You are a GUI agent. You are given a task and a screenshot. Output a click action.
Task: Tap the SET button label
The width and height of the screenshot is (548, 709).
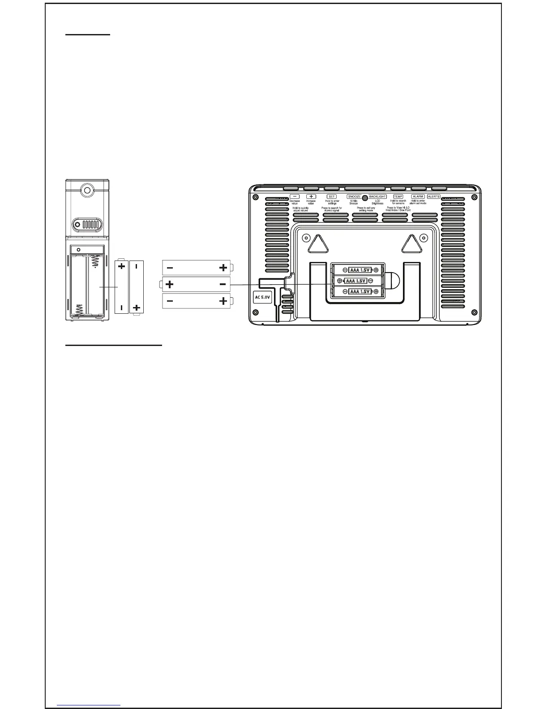[332, 196]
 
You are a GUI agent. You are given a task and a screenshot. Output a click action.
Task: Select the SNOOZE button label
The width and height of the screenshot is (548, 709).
[354, 196]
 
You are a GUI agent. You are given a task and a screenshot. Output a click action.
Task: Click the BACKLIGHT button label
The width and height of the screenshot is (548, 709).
[377, 196]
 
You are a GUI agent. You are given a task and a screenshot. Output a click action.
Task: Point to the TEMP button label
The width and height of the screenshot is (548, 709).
[398, 196]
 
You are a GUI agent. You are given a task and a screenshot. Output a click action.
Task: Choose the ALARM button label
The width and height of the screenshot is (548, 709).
[418, 196]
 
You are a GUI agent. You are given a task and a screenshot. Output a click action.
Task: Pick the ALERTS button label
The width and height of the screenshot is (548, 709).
[433, 196]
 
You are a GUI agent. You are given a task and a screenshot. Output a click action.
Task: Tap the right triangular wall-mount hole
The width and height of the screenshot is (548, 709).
[409, 244]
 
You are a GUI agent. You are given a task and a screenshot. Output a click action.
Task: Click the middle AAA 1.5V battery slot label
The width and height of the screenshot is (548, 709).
[357, 281]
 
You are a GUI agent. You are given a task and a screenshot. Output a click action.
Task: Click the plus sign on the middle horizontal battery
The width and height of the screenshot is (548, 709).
[169, 284]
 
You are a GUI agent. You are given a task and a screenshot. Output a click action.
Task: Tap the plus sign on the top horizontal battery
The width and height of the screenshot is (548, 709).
[223, 268]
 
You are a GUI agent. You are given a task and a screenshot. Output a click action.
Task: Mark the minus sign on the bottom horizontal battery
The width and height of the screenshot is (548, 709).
[170, 301]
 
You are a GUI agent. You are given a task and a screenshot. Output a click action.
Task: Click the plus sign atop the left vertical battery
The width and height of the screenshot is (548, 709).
[121, 266]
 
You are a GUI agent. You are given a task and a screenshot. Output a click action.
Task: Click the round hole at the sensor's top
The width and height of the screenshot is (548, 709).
[86, 190]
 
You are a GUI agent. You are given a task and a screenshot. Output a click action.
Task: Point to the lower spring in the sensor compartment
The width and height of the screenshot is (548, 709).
[79, 309]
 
